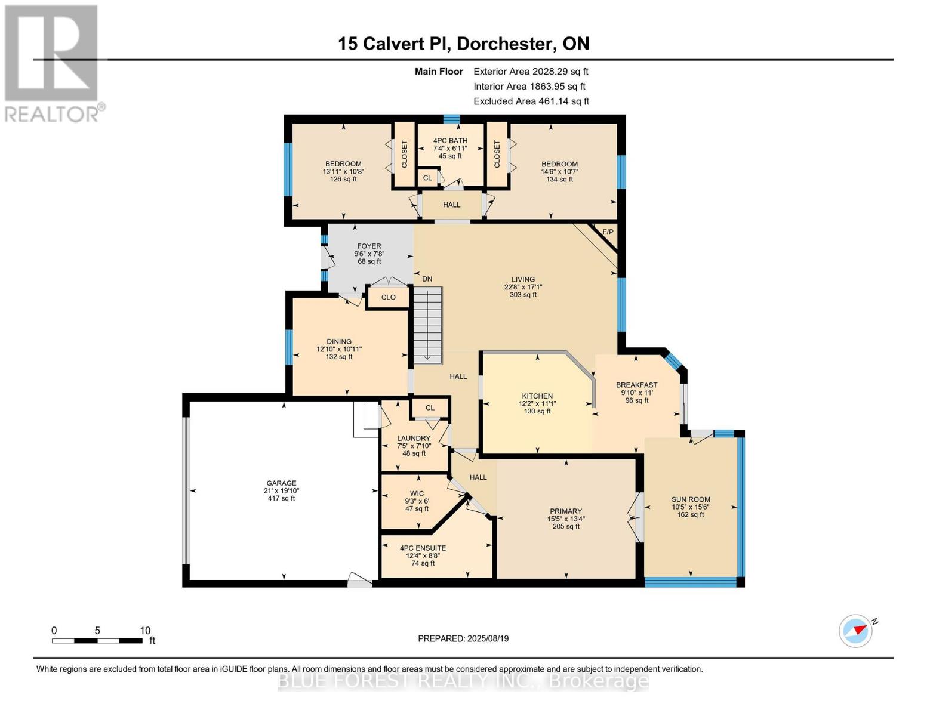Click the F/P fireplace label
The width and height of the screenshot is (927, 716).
coord(608,232)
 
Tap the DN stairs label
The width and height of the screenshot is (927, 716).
coord(427,279)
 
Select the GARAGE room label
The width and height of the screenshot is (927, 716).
coord(281,483)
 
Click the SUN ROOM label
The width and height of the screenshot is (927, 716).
coord(691,500)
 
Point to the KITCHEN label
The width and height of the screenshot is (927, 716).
coord(537,396)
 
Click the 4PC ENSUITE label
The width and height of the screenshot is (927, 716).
coord(423,548)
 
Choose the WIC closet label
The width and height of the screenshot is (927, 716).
coord(417,493)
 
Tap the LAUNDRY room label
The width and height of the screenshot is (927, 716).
coord(414,439)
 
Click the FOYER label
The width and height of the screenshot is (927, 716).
coord(369,246)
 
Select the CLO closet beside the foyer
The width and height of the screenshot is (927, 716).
coord(388,297)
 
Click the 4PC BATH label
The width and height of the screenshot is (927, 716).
coord(450,141)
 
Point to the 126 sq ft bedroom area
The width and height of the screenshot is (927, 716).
coord(343,179)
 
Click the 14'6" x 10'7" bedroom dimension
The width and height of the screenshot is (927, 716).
coord(559,172)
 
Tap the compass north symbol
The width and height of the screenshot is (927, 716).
coord(857,630)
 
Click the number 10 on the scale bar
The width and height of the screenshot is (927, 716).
coord(145,631)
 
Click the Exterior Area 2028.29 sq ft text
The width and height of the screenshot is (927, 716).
coord(531,72)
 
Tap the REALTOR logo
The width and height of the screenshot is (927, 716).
coord(53,63)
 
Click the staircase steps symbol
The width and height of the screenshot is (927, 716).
coord(428,325)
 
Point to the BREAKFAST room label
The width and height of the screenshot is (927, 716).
coord(636,385)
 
